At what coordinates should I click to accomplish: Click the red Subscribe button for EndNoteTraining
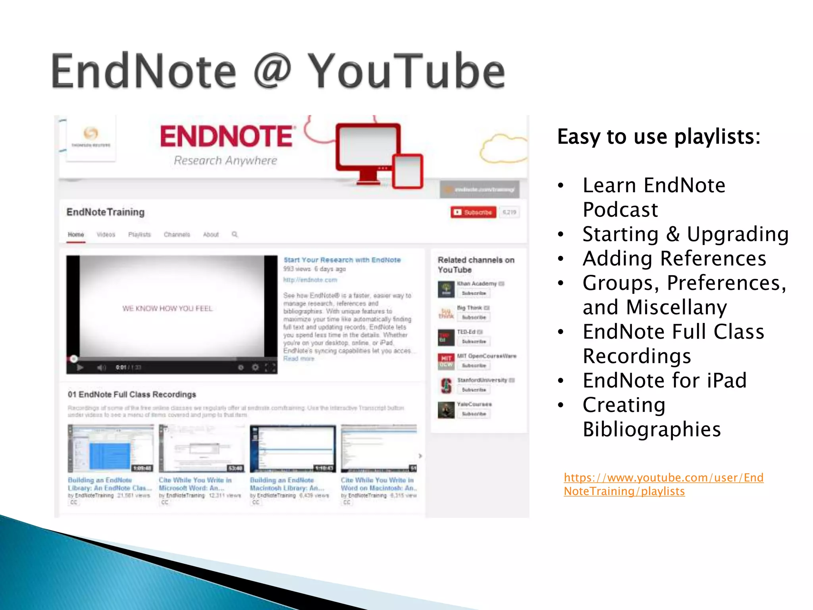click(x=473, y=212)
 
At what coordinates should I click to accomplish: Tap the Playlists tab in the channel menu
click(x=139, y=234)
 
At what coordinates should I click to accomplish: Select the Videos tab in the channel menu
click(x=106, y=234)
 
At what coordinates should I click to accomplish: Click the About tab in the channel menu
click(x=211, y=234)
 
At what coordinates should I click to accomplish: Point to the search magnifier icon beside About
click(x=235, y=234)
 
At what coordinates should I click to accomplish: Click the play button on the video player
click(x=80, y=367)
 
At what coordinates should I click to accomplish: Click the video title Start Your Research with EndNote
click(x=342, y=260)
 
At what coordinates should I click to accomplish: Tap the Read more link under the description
click(x=299, y=359)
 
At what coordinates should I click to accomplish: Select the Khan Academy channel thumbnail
click(x=446, y=289)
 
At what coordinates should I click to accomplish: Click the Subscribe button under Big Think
click(x=474, y=317)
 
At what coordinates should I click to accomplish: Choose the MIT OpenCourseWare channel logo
click(x=446, y=361)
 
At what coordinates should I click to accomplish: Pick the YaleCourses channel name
click(x=474, y=404)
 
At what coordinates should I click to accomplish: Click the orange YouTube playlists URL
click(x=663, y=484)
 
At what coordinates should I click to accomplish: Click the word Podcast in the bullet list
click(x=620, y=210)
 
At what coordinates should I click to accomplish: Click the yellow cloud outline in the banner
click(x=502, y=149)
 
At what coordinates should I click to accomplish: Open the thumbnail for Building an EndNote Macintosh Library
click(x=293, y=448)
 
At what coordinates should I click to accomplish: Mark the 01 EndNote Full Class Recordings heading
click(x=132, y=394)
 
